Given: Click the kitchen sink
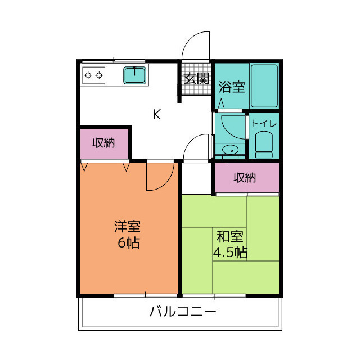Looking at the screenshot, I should [x=136, y=75].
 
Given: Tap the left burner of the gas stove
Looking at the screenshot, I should [x=88, y=74].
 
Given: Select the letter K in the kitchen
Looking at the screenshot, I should [x=157, y=114].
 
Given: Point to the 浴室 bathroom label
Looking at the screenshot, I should [x=232, y=87].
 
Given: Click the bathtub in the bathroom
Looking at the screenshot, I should [x=264, y=85].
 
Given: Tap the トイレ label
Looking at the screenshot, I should [x=263, y=123].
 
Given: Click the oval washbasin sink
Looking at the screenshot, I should [x=229, y=150].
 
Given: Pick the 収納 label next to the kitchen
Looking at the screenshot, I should [x=104, y=143].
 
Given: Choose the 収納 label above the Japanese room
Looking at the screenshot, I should [x=245, y=178].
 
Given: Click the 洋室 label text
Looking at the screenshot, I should [x=128, y=227].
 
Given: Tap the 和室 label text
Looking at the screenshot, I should [x=230, y=236].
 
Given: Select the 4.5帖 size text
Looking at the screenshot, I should [x=230, y=252].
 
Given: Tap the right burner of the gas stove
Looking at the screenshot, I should [x=100, y=74].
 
